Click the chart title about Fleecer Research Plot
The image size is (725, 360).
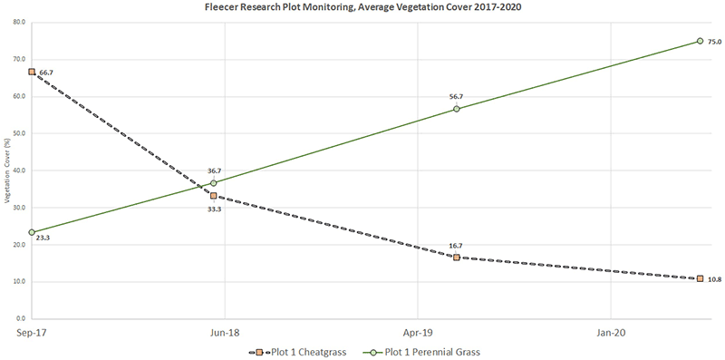tap(362, 6)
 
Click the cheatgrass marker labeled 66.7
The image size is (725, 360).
tap(32, 71)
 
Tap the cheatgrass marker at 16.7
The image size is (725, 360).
tap(457, 258)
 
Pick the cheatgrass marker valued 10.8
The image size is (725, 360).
tap(700, 278)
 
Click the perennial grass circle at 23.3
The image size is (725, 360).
tap(32, 232)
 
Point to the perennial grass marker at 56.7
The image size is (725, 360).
tap(457, 108)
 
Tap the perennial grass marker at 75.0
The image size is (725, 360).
tap(700, 41)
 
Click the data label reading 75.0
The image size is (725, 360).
tap(714, 42)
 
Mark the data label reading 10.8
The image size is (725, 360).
tap(714, 279)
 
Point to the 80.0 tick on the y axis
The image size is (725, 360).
tap(18, 22)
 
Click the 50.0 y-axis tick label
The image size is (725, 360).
tap(18, 133)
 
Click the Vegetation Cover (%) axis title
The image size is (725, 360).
tap(6, 170)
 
